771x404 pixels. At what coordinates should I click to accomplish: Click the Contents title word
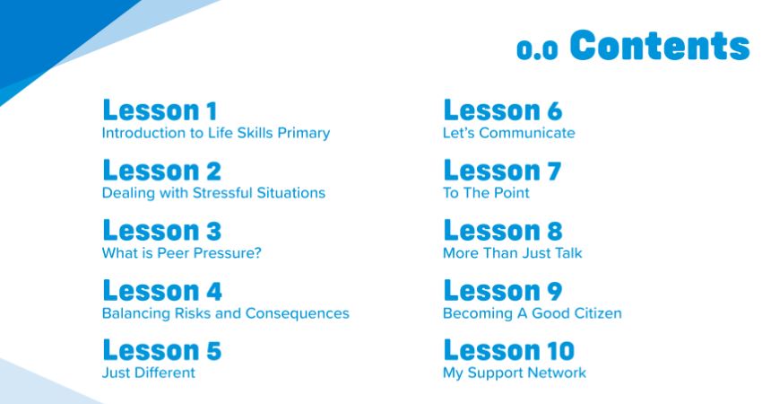pos(660,45)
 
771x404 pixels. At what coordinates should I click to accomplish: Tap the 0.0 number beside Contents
pos(537,49)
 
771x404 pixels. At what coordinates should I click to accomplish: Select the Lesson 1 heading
pos(160,110)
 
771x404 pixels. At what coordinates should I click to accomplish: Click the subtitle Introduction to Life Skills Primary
pos(216,133)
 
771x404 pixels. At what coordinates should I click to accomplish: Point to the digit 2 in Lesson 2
pos(214,171)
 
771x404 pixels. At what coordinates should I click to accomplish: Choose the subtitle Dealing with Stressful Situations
pos(213,193)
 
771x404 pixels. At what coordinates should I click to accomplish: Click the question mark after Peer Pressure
pos(256,253)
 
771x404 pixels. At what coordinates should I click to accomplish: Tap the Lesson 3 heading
pos(162,231)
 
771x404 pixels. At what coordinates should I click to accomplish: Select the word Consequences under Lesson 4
pos(297,313)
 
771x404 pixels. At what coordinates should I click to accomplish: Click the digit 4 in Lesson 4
pos(214,291)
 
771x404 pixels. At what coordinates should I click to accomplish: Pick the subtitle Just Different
pos(149,373)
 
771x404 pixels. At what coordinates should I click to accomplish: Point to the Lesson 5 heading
pos(162,350)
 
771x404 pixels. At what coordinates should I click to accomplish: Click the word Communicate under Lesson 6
pos(527,133)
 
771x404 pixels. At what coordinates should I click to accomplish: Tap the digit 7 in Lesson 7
pos(554,171)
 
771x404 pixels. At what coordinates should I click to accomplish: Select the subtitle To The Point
pos(486,193)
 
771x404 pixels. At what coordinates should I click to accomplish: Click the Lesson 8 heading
pos(503,231)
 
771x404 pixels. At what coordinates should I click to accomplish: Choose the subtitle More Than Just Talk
pos(513,253)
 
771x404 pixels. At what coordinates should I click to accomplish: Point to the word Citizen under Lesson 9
pos(599,313)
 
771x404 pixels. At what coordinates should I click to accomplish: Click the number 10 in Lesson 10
pos(561,351)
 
